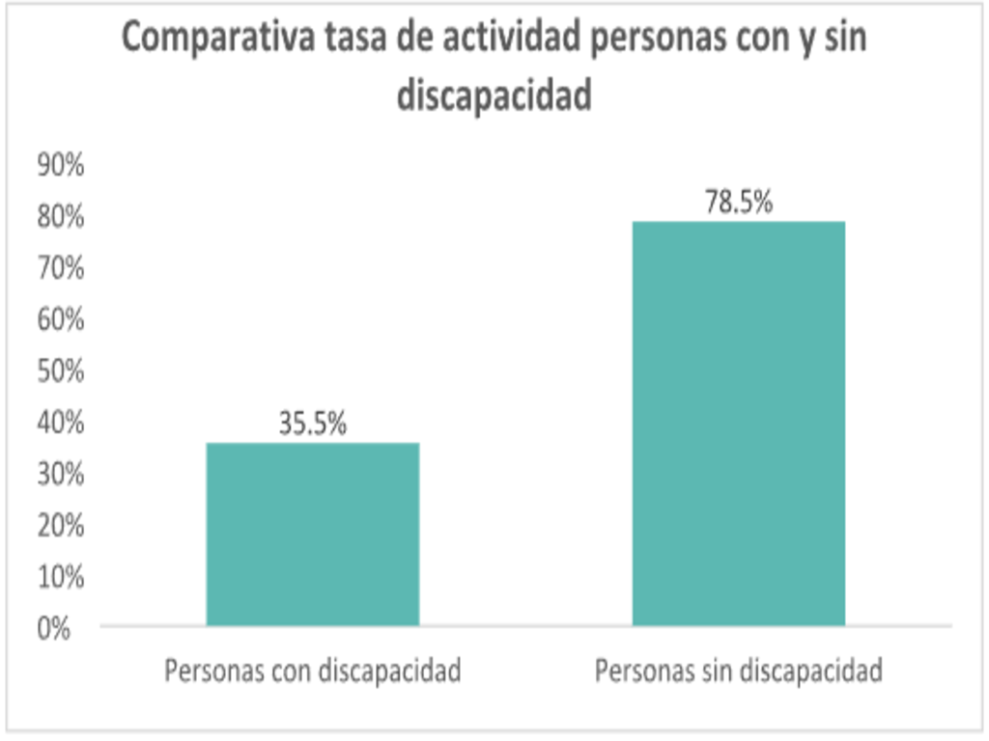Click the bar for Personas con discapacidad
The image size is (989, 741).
[x=313, y=534]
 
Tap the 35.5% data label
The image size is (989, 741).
[x=313, y=424]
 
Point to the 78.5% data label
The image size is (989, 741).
[x=739, y=203]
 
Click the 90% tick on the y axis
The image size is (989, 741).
[x=60, y=166]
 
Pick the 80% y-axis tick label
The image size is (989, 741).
[x=60, y=217]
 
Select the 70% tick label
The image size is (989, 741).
[x=60, y=268]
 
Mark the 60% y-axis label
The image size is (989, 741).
[x=60, y=319]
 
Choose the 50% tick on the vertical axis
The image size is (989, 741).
[x=60, y=371]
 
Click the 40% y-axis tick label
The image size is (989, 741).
[x=60, y=423]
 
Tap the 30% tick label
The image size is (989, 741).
[x=60, y=474]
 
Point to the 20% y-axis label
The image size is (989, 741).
[x=60, y=526]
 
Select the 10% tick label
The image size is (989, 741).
[x=60, y=577]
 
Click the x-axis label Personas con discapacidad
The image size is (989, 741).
[x=313, y=671]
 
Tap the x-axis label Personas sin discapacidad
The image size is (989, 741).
[x=739, y=671]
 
